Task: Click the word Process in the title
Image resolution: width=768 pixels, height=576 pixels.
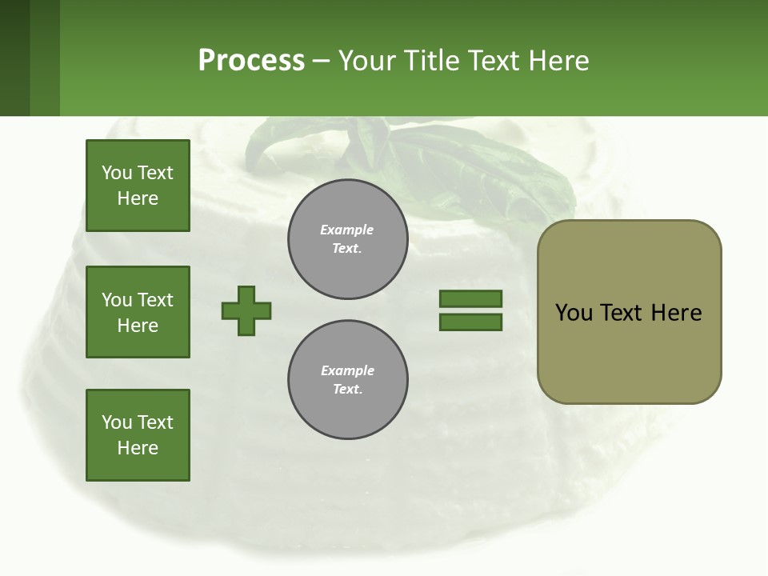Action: tap(251, 61)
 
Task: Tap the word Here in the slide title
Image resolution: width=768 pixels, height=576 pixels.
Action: tap(560, 61)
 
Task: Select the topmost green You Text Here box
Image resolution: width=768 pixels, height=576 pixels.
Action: tap(138, 186)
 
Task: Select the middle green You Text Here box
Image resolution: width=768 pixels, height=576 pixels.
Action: tap(138, 312)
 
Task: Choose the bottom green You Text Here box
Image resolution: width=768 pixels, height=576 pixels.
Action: tap(138, 435)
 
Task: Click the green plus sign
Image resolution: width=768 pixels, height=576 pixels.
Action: tap(246, 310)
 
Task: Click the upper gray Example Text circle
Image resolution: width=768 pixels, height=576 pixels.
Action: tap(347, 239)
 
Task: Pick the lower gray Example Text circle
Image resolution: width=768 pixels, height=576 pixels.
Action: tap(347, 380)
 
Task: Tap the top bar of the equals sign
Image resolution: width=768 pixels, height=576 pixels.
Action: tap(470, 298)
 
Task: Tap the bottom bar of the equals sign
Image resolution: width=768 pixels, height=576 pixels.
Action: tap(470, 322)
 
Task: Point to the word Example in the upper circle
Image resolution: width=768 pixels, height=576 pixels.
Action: tap(346, 230)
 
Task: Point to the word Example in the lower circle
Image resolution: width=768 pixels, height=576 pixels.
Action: tap(347, 370)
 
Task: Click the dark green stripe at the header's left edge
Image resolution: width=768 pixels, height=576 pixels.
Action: tap(14, 58)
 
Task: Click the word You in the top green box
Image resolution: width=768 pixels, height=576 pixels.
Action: tap(117, 173)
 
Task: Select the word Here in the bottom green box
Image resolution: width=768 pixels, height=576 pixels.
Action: tap(138, 448)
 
